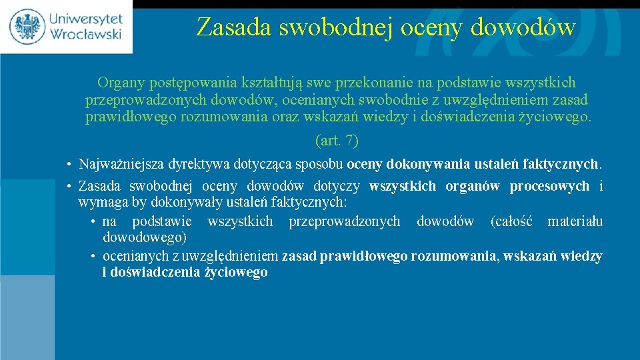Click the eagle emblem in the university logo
tap(27, 26)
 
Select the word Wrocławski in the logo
tap(84, 34)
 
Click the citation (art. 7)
tap(336, 141)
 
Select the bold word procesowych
tap(549, 186)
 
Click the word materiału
tap(575, 221)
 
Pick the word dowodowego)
tap(145, 237)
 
